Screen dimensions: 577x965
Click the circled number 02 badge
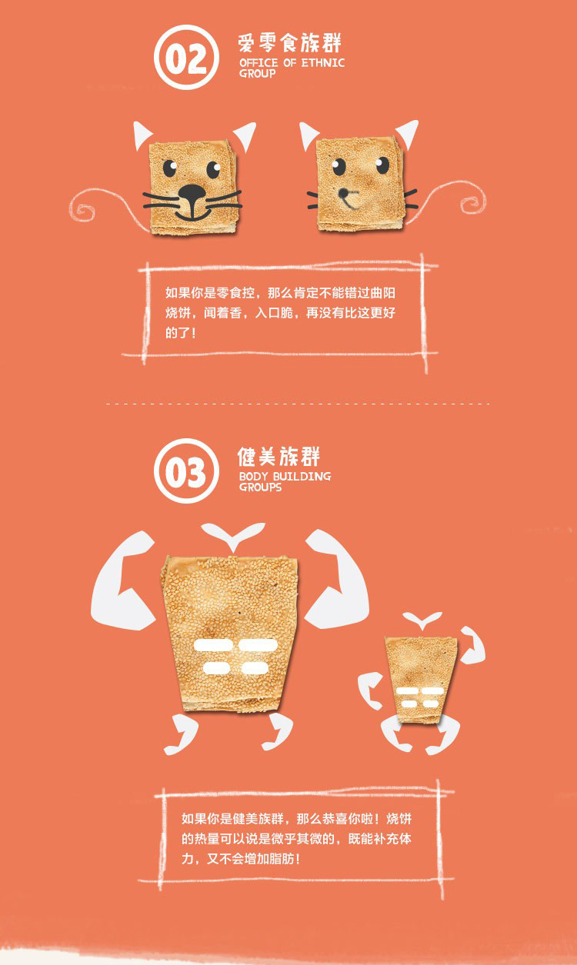coord(186,58)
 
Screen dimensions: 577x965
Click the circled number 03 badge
coord(186,471)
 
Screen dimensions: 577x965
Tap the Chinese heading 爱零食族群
coord(289,44)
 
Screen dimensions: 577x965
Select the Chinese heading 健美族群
coord(278,457)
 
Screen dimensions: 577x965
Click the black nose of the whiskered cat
coord(192,194)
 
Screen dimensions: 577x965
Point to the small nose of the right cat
coord(343,192)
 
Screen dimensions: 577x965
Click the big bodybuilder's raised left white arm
coord(122,581)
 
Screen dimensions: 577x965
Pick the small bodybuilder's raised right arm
coord(473,645)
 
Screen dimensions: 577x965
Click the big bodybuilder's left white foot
coord(181,734)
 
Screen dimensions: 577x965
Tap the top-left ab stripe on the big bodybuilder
coord(213,645)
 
